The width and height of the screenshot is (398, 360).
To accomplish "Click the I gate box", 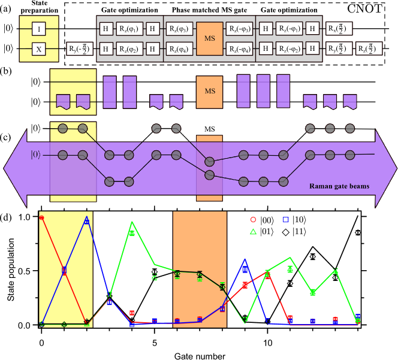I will [39, 28].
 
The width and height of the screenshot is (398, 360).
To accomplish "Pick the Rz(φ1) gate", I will [129, 28].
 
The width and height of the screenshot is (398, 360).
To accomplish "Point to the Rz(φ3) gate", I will [179, 28].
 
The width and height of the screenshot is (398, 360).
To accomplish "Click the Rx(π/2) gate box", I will [339, 28].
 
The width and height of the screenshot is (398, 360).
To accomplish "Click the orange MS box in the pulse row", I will [209, 92].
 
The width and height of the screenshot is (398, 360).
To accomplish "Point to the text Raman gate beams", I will [339, 186].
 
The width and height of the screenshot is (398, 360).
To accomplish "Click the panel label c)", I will [7, 137].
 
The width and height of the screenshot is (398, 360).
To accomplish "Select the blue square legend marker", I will [286, 220].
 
